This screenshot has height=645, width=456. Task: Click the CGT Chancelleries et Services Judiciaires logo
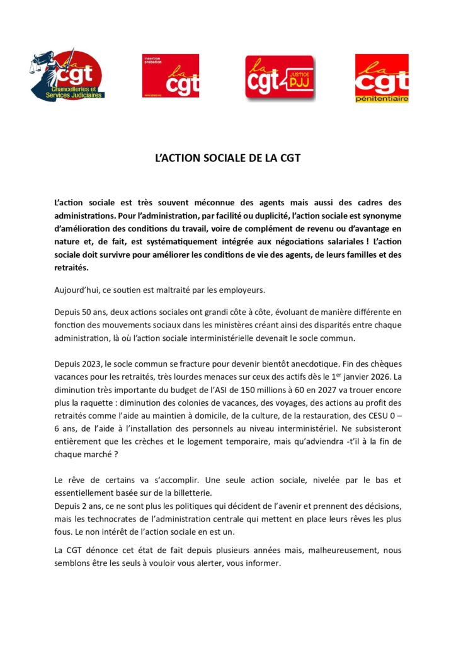click(x=68, y=76)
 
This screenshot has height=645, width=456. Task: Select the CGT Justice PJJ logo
click(x=279, y=78)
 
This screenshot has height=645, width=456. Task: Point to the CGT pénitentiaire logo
click(x=381, y=78)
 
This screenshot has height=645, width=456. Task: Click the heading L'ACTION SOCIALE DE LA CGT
click(x=227, y=158)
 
